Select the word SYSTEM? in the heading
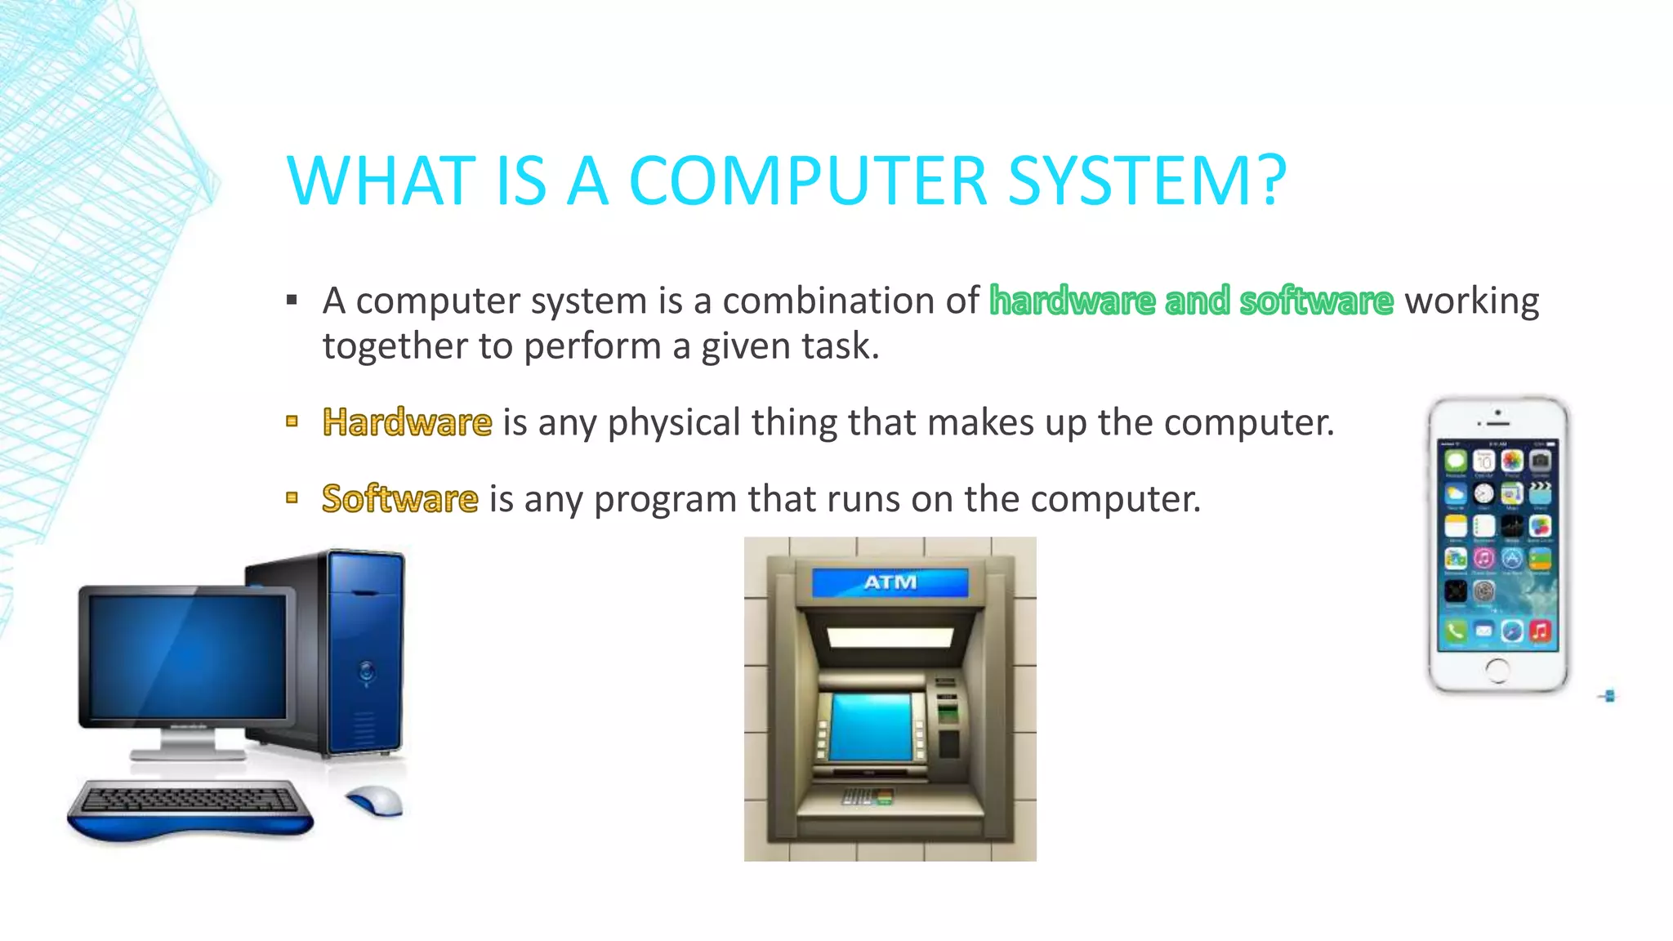click(1147, 181)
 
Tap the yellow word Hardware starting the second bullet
click(407, 422)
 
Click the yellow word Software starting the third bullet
click(399, 498)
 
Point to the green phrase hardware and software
click(1191, 301)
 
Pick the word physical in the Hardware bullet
click(673, 423)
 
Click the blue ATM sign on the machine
click(890, 582)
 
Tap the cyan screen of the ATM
click(871, 726)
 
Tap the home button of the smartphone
click(1497, 671)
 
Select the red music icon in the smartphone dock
click(1540, 631)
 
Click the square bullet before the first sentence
click(292, 301)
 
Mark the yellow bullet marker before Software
click(292, 497)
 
